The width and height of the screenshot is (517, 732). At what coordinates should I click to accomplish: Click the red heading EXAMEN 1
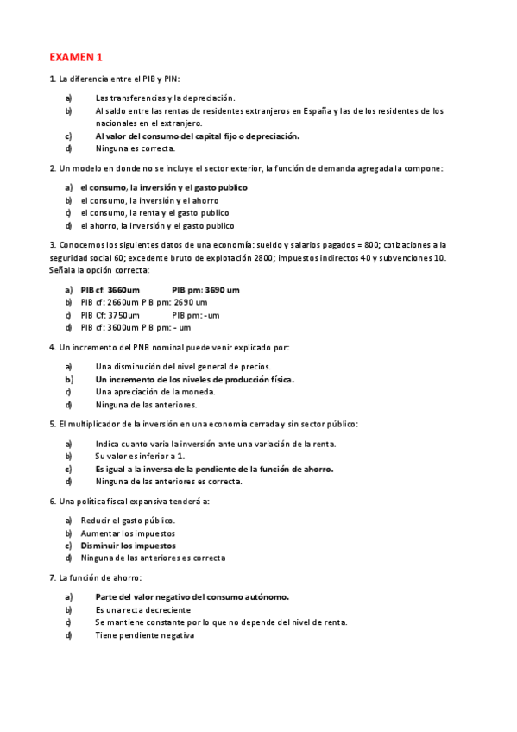tap(75, 57)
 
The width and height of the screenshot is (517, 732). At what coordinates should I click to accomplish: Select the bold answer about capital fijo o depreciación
tap(198, 136)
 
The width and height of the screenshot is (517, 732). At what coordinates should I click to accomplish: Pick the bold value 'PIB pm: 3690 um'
tap(205, 290)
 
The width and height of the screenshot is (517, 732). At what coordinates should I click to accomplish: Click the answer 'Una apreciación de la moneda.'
tap(155, 391)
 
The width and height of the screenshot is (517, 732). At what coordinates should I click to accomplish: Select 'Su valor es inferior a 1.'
tap(140, 456)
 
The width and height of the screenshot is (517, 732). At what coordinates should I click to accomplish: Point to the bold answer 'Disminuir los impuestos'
tap(128, 546)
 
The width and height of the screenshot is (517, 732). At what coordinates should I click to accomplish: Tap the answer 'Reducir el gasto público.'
tap(128, 521)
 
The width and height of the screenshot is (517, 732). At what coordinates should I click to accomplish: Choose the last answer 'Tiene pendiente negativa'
tap(145, 635)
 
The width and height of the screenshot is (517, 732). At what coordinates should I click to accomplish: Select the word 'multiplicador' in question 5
tap(97, 424)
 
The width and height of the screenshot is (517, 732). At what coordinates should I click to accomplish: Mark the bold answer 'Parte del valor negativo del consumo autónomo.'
tap(192, 596)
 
